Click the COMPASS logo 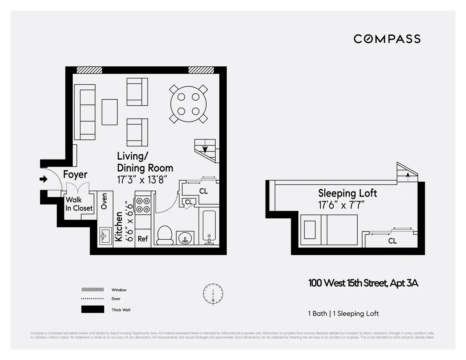tap(387, 39)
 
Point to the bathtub tap(209, 226)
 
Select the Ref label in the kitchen tap(143, 239)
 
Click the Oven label tap(104, 201)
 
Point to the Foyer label tap(75, 175)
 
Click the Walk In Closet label tap(79, 204)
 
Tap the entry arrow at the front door tap(43, 179)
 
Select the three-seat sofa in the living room tap(85, 112)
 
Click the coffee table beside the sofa tap(110, 112)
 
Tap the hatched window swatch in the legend tap(92, 290)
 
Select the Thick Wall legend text tap(121, 310)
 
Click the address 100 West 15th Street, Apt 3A tap(363, 283)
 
